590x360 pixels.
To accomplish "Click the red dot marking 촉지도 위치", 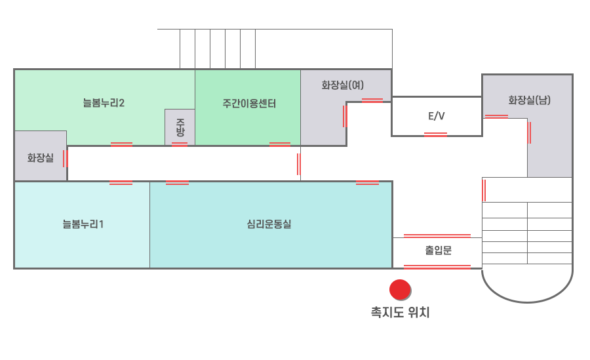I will point(400,289).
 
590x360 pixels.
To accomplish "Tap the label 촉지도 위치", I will point(400,313).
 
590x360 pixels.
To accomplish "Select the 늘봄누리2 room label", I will point(104,103).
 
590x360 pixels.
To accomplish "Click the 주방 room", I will point(180,127).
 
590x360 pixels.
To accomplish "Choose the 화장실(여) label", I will point(342,85).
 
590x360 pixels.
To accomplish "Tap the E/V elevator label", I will point(437,116).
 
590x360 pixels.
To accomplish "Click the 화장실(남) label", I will point(529,100).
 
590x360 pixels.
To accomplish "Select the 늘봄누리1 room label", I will point(83,224).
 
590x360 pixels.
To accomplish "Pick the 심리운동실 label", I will point(269,224).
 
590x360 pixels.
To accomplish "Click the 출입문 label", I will point(438,250).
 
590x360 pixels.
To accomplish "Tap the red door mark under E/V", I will point(436,134).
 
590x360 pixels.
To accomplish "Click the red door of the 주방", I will point(180,144).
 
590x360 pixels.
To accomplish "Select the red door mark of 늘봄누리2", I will point(121,144).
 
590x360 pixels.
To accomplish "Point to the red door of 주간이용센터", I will point(280,144).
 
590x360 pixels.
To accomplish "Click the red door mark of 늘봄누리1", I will point(121,182).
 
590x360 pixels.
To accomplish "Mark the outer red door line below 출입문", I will point(437,266).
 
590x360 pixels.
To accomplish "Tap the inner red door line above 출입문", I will point(437,235).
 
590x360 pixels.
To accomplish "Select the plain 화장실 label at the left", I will point(40,157).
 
